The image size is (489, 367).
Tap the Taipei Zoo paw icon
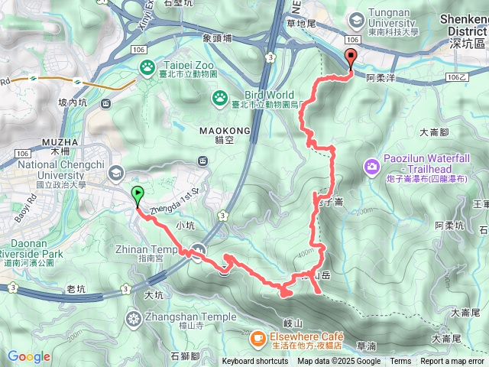[x=146, y=68]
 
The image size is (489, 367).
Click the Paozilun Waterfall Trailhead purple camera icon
[x=372, y=166]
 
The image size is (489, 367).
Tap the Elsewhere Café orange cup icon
[x=257, y=336]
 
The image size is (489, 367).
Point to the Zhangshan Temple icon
[x=134, y=317]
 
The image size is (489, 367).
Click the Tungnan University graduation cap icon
[x=355, y=19]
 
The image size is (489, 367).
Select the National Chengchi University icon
[x=116, y=172]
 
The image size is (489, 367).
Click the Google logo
[x=28, y=356]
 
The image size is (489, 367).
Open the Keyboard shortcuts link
[x=255, y=362]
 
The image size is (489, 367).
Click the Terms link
[x=400, y=362]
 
